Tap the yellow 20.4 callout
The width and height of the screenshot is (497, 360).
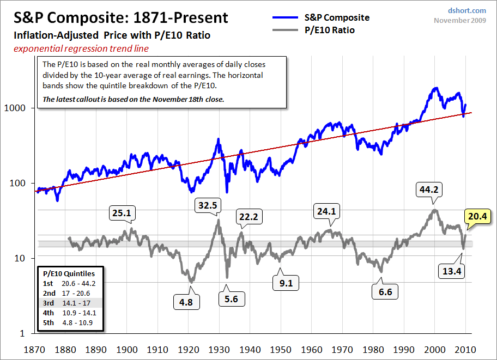pos(477,217)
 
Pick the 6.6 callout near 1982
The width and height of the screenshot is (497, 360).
pos(385,291)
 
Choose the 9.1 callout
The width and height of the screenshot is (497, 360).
pos(286,283)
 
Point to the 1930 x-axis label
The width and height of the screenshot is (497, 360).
pos(219,350)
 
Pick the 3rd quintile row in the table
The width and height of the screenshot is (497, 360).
pos(71,303)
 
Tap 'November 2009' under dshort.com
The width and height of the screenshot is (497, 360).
pos(460,20)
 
